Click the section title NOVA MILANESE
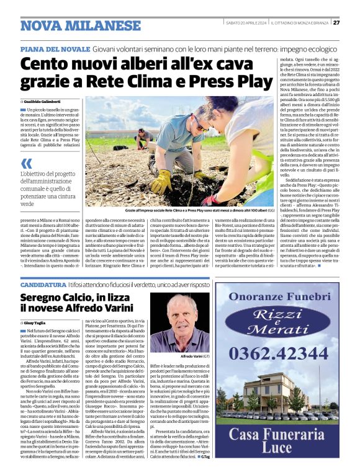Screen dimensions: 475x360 [72, 25]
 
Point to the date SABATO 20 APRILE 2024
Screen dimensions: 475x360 [245, 22]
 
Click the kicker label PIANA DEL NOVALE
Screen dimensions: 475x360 [55, 48]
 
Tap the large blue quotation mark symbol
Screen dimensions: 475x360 [27, 163]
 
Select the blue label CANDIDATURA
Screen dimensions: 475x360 [42, 285]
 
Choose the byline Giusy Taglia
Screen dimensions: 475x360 [35, 323]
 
